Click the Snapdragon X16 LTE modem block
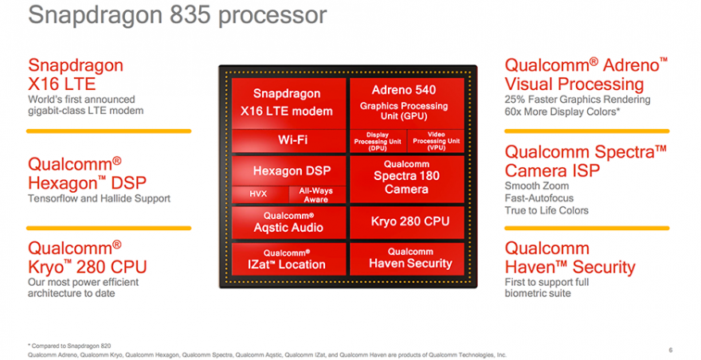(x=287, y=102)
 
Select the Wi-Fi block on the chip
(x=287, y=140)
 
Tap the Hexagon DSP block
(x=287, y=170)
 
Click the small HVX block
(x=258, y=194)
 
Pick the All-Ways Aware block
(x=316, y=194)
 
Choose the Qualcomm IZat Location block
(x=287, y=259)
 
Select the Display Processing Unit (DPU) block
(x=378, y=140)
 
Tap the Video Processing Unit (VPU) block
(x=436, y=140)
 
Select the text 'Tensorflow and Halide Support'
(x=99, y=198)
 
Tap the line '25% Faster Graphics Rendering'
(x=578, y=100)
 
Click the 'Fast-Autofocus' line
(x=538, y=198)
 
